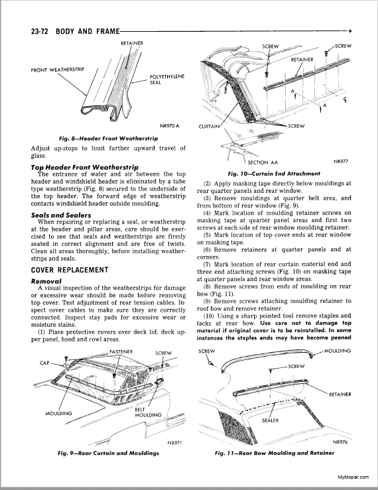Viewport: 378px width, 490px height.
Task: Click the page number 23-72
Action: pyautogui.click(x=39, y=31)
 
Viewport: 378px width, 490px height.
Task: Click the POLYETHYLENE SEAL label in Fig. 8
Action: pyautogui.click(x=166, y=80)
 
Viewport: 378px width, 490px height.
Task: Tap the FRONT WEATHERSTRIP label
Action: pyautogui.click(x=57, y=70)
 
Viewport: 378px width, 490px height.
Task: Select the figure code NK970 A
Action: pyautogui.click(x=170, y=126)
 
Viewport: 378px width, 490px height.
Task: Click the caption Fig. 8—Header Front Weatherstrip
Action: pyautogui.click(x=109, y=138)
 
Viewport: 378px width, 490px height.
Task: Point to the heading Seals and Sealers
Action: pyautogui.click(x=61, y=215)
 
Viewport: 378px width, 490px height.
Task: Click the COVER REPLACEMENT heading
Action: pyautogui.click(x=70, y=270)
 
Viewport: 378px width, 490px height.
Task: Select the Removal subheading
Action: pyautogui.click(x=46, y=281)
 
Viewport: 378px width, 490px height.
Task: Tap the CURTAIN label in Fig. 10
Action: pyautogui.click(x=209, y=127)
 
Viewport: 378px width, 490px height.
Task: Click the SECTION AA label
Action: pyautogui.click(x=263, y=162)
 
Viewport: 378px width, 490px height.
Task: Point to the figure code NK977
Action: pyautogui.click(x=341, y=161)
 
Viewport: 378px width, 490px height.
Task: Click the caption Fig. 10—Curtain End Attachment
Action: pyautogui.click(x=274, y=174)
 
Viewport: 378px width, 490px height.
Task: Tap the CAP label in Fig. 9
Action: pyautogui.click(x=44, y=363)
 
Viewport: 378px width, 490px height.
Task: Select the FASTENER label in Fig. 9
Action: pyautogui.click(x=121, y=351)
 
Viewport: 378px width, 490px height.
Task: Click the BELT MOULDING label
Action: pyautogui.click(x=148, y=412)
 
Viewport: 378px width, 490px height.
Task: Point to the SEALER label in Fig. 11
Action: pyautogui.click(x=270, y=420)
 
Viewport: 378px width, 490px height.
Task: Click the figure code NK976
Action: pyautogui.click(x=340, y=442)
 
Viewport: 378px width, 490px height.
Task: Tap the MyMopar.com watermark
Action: pyautogui.click(x=353, y=477)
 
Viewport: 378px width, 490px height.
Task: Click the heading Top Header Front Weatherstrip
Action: pyautogui.click(x=85, y=167)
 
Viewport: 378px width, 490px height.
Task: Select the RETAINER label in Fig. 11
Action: pyautogui.click(x=340, y=395)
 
